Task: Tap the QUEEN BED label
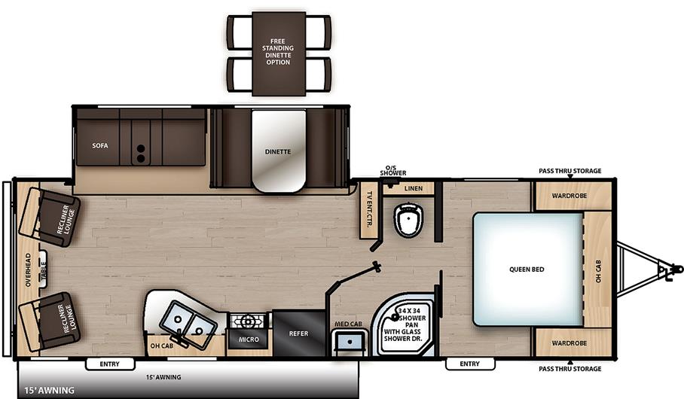(x=527, y=269)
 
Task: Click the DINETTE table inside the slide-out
(x=278, y=151)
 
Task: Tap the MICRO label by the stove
(x=249, y=340)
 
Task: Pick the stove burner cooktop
(x=249, y=321)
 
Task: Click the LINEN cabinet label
(x=413, y=188)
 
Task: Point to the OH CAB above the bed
(x=598, y=269)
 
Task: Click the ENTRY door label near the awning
(x=109, y=364)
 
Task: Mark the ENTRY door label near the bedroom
(x=469, y=364)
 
